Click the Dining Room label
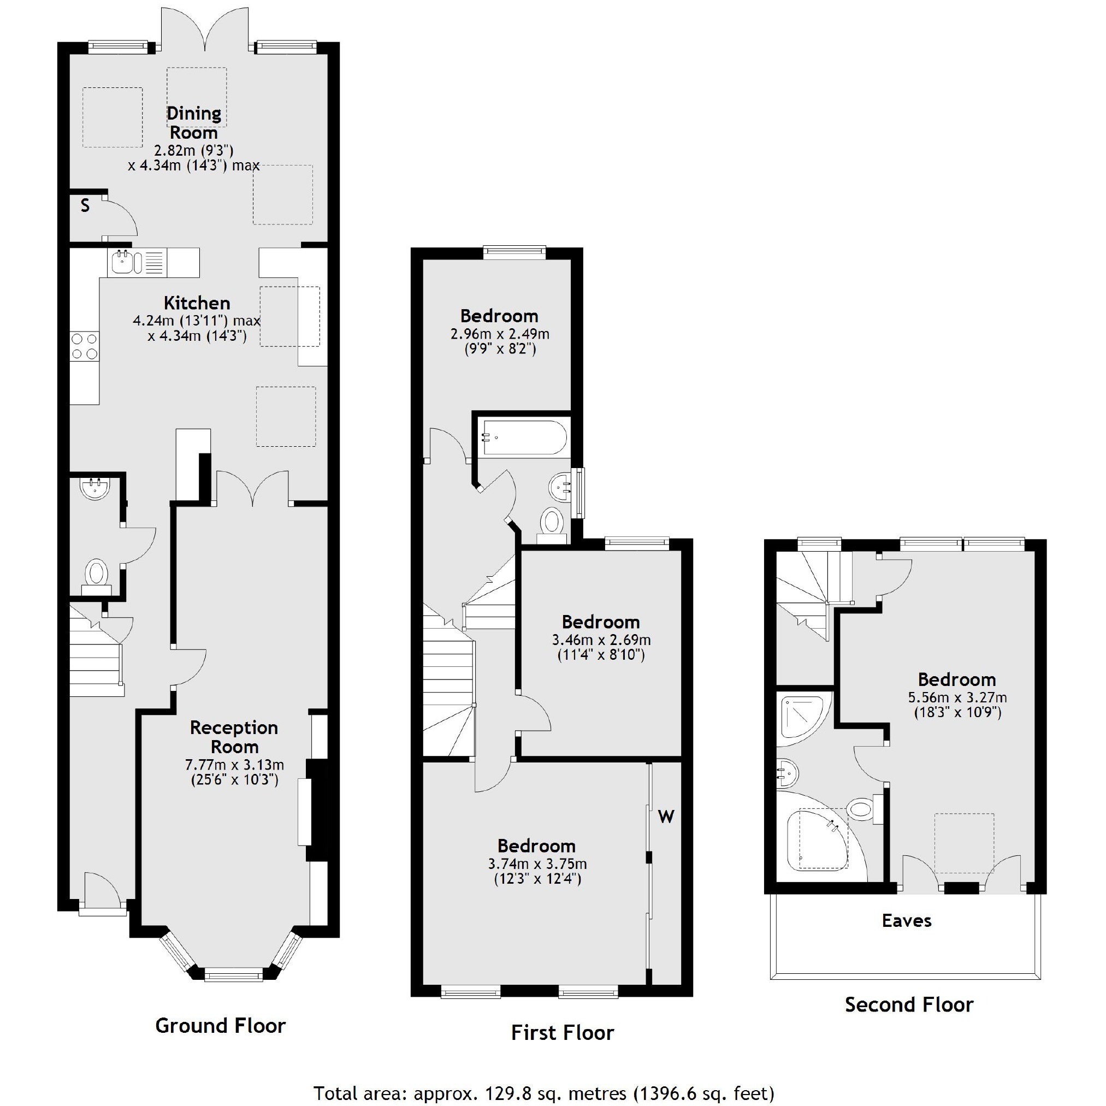pos(193,122)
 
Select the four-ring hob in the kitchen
pos(84,346)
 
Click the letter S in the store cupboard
pos(85,206)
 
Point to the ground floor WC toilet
pos(97,574)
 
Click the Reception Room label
pos(234,737)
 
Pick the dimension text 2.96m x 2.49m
pos(500,334)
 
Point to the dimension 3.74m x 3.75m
pos(537,864)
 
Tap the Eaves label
pos(906,921)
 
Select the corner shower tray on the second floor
pos(801,715)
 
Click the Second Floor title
pos(908,1004)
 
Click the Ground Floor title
pos(221,1025)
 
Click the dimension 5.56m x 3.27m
pos(957,698)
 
